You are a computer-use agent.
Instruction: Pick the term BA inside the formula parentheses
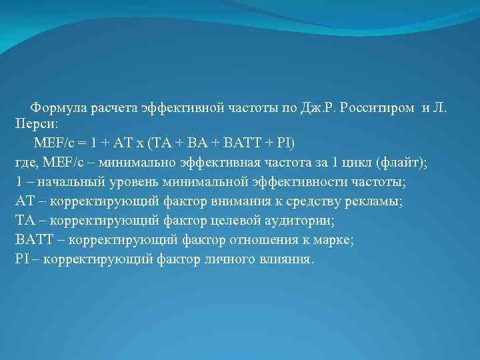[201, 143]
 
